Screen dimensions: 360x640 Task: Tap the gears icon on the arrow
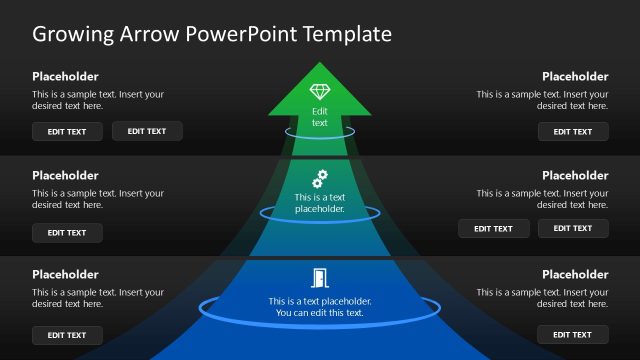click(x=319, y=179)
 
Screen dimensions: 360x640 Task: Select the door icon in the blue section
click(x=319, y=279)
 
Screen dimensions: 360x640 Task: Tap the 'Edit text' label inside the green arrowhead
click(x=319, y=117)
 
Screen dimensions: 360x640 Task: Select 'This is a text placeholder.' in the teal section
click(x=319, y=204)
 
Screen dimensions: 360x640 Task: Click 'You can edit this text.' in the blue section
click(x=319, y=313)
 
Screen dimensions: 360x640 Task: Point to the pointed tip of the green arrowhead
click(x=319, y=63)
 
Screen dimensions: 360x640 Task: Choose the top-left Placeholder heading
click(x=65, y=76)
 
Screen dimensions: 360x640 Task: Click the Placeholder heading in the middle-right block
click(x=575, y=175)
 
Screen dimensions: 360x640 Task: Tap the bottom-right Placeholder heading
click(x=575, y=274)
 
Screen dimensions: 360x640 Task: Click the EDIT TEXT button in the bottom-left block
click(x=67, y=335)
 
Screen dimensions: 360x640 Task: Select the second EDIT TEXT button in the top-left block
click(x=147, y=131)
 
